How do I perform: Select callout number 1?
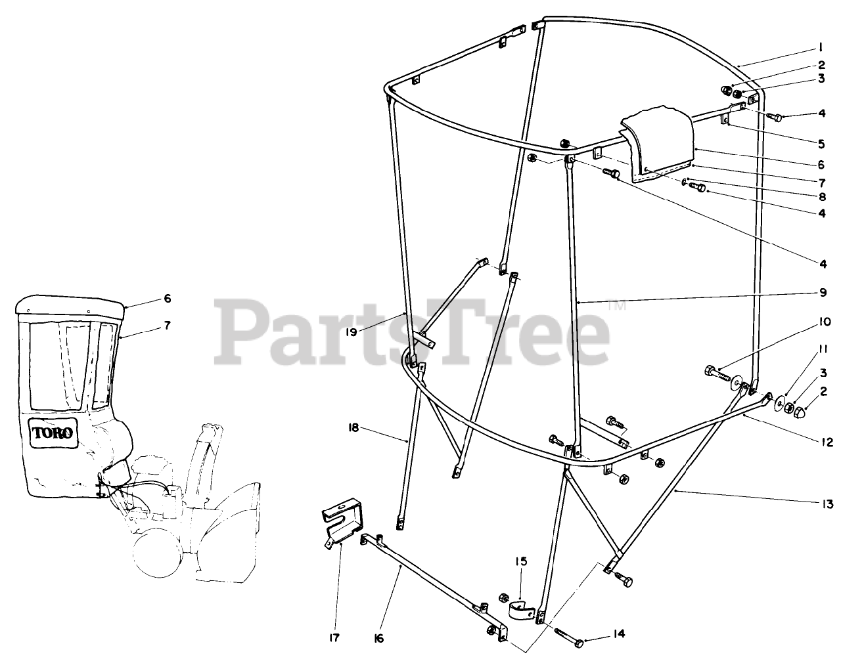tap(821, 47)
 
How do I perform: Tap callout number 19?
tap(351, 332)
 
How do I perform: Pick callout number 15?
tap(521, 562)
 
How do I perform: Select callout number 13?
tap(827, 504)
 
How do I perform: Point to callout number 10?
tap(826, 322)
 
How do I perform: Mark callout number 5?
tap(822, 142)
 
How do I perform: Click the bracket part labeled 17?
tap(343, 519)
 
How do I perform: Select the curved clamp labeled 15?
tap(523, 610)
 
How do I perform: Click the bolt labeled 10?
tap(718, 377)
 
